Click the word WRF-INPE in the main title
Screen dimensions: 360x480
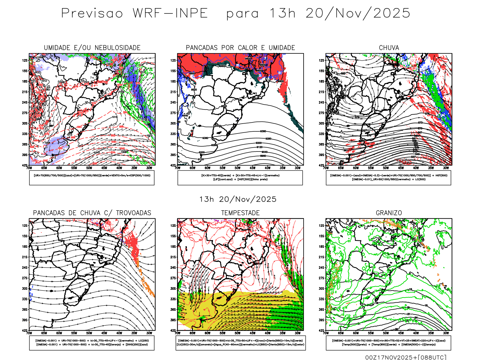click(170, 13)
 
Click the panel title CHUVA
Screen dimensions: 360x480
click(389, 48)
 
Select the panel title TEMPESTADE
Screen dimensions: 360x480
click(240, 213)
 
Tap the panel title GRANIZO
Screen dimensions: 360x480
click(389, 213)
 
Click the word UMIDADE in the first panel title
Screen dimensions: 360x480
click(57, 48)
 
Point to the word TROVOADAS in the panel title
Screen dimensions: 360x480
click(133, 213)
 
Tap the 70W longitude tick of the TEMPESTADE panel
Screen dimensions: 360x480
click(178, 333)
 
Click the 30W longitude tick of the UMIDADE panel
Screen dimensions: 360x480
click(149, 168)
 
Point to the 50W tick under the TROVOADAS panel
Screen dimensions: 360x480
click(89, 333)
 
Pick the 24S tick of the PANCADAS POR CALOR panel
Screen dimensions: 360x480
click(173, 103)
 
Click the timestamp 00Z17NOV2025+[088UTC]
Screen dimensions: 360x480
click(406, 357)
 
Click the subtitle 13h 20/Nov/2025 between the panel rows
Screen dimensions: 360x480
click(238, 199)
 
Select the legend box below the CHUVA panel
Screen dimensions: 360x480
click(388, 178)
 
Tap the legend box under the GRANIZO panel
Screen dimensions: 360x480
click(388, 343)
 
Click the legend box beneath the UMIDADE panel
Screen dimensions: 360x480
click(92, 178)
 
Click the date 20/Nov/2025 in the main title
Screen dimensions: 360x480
click(358, 13)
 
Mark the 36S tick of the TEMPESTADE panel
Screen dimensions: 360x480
click(173, 310)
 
